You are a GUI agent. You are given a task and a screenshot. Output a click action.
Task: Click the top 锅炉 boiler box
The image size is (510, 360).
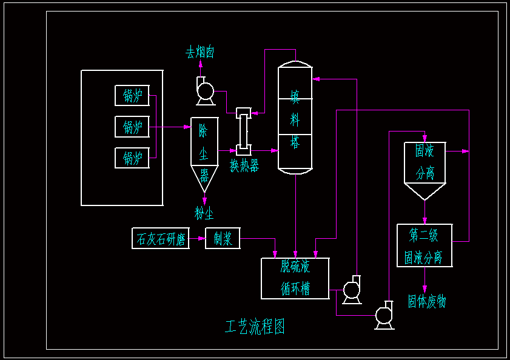pyautogui.click(x=132, y=96)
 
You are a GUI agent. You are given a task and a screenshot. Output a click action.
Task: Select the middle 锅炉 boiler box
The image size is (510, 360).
pyautogui.click(x=132, y=127)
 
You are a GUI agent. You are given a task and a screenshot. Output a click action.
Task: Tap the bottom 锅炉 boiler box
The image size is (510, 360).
pyautogui.click(x=132, y=158)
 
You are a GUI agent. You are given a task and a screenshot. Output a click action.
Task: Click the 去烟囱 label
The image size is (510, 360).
pyautogui.click(x=200, y=53)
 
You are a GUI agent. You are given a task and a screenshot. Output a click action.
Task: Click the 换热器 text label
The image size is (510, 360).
pyautogui.click(x=244, y=165)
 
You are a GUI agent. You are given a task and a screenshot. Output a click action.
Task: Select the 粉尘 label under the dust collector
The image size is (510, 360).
pyautogui.click(x=204, y=213)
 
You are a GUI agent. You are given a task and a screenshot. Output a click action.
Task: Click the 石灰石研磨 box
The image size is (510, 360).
pyautogui.click(x=160, y=238)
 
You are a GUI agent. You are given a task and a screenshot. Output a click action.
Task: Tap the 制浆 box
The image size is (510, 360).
pyautogui.click(x=223, y=238)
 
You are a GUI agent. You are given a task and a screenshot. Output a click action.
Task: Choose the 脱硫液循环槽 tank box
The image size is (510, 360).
pyautogui.click(x=295, y=278)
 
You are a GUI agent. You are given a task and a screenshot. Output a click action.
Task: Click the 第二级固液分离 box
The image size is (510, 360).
pyautogui.click(x=424, y=245)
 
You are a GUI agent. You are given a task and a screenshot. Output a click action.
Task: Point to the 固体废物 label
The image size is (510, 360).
pyautogui.click(x=426, y=301)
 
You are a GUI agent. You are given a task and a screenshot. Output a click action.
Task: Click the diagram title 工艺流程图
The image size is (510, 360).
pyautogui.click(x=255, y=327)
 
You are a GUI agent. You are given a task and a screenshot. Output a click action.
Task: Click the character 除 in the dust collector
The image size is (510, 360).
pyautogui.click(x=204, y=130)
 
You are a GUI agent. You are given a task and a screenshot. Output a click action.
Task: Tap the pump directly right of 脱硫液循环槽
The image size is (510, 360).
pyautogui.click(x=352, y=290)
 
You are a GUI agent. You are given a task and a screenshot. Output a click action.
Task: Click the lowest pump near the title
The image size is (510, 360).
pyautogui.click(x=384, y=315)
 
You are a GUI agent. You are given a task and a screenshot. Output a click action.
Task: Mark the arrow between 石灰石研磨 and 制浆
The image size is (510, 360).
pyautogui.click(x=197, y=238)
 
